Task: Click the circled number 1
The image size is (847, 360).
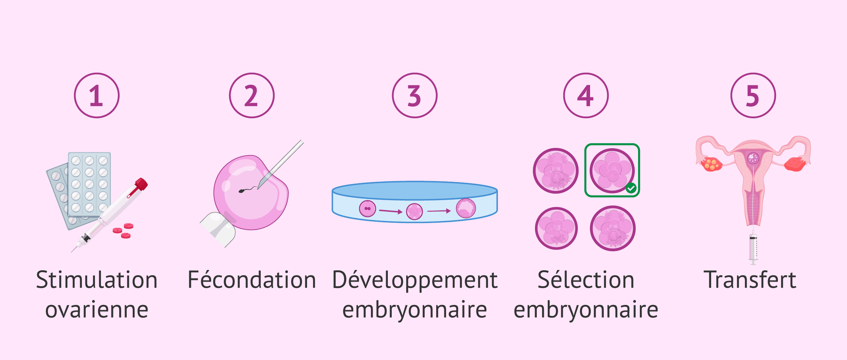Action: click(x=97, y=95)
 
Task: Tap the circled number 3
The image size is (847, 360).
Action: click(x=415, y=95)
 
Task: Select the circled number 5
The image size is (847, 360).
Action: click(x=753, y=95)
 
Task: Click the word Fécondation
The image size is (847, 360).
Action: click(x=252, y=280)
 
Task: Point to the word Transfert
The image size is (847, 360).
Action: click(x=750, y=280)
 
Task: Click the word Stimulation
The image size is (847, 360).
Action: click(x=97, y=280)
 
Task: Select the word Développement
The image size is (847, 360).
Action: click(x=415, y=280)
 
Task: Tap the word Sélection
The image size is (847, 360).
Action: click(x=586, y=280)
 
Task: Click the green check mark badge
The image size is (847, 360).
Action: click(x=631, y=188)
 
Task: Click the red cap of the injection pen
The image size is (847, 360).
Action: click(x=141, y=184)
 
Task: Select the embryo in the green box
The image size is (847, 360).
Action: click(x=612, y=170)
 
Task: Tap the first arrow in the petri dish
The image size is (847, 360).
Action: click(x=391, y=211)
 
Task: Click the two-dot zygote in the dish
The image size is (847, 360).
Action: click(x=367, y=209)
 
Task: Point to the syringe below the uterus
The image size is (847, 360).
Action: click(x=753, y=247)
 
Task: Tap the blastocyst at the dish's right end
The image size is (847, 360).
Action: click(x=466, y=208)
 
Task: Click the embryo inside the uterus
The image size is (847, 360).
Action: click(x=753, y=158)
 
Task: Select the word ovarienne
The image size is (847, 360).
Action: click(x=97, y=310)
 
